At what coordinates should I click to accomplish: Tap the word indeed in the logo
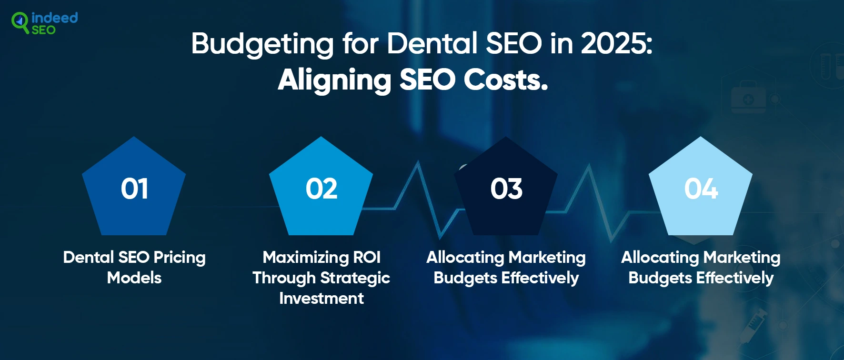(x=54, y=18)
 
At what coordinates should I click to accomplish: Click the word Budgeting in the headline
(x=262, y=44)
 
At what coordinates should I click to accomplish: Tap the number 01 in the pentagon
(x=134, y=189)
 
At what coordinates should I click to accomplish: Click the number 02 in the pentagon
(x=322, y=189)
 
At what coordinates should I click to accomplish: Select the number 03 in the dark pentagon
(x=506, y=189)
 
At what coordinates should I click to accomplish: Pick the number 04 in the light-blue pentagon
(x=701, y=189)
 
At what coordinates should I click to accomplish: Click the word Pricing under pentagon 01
(x=180, y=258)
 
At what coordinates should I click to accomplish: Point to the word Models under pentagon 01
(x=134, y=278)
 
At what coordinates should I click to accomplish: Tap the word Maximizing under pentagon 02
(x=305, y=258)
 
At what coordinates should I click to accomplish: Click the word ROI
(x=367, y=257)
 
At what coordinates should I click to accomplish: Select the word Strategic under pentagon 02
(x=355, y=278)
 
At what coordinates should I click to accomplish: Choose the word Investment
(x=322, y=298)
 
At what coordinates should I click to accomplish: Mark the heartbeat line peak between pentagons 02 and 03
(x=418, y=161)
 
